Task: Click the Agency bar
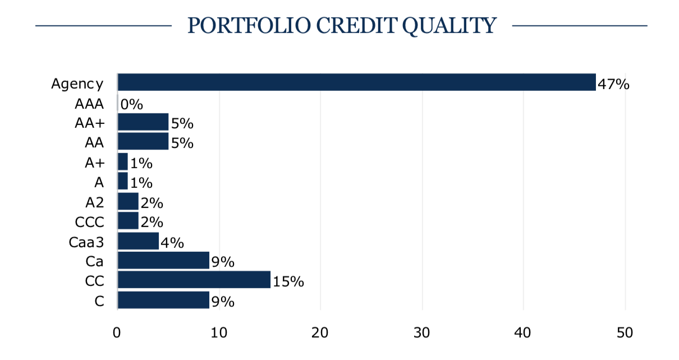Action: click(x=356, y=82)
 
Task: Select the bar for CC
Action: click(x=194, y=280)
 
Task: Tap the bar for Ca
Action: click(x=163, y=260)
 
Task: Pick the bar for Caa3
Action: click(x=138, y=241)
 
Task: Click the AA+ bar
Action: click(x=143, y=122)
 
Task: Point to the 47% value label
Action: click(x=613, y=84)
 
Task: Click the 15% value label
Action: click(x=288, y=281)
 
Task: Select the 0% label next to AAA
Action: click(x=132, y=104)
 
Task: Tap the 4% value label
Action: click(x=172, y=242)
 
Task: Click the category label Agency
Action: click(x=77, y=84)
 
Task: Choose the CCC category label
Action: click(x=90, y=222)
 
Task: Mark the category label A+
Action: click(x=94, y=163)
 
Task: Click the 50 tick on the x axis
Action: click(x=625, y=333)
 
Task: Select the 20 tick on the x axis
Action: click(x=320, y=333)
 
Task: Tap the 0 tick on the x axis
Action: click(x=117, y=333)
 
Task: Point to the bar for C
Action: click(x=163, y=300)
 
